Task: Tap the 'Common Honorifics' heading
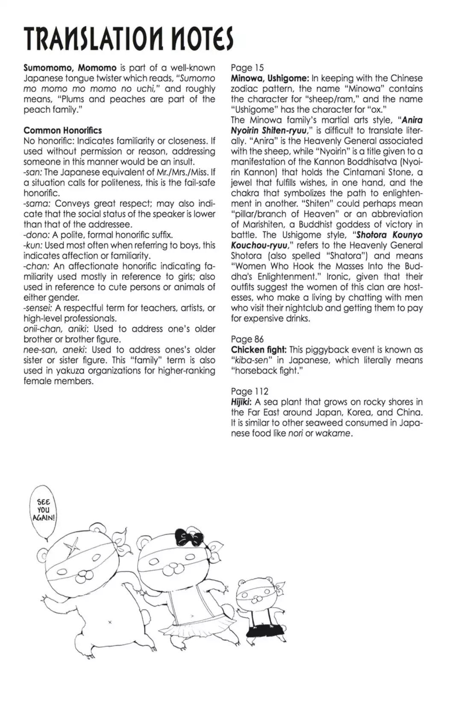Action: [62, 130]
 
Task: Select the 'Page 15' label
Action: [247, 68]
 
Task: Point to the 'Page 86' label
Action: [247, 339]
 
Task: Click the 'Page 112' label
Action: [250, 391]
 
